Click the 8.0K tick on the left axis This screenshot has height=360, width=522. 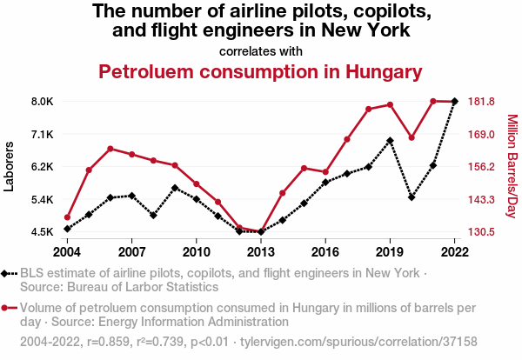42,102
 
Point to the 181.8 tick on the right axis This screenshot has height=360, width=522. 481,102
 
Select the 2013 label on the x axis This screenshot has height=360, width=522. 261,252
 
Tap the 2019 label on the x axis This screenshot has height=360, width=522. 390,252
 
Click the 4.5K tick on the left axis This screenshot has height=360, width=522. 42,232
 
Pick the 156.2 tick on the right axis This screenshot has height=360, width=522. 481,167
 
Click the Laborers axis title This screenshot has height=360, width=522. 10,166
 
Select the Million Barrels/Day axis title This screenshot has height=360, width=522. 512,166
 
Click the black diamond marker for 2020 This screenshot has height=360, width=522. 412,197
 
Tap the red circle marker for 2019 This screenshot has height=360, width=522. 390,104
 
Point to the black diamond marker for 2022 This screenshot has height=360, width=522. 454,102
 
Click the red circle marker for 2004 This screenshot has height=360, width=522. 68,217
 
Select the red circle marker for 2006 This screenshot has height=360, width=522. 110,149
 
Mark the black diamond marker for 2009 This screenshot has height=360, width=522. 175,188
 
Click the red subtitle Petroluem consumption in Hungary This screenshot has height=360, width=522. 260,71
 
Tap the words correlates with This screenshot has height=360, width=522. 261,50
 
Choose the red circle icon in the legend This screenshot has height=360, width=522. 10,308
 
